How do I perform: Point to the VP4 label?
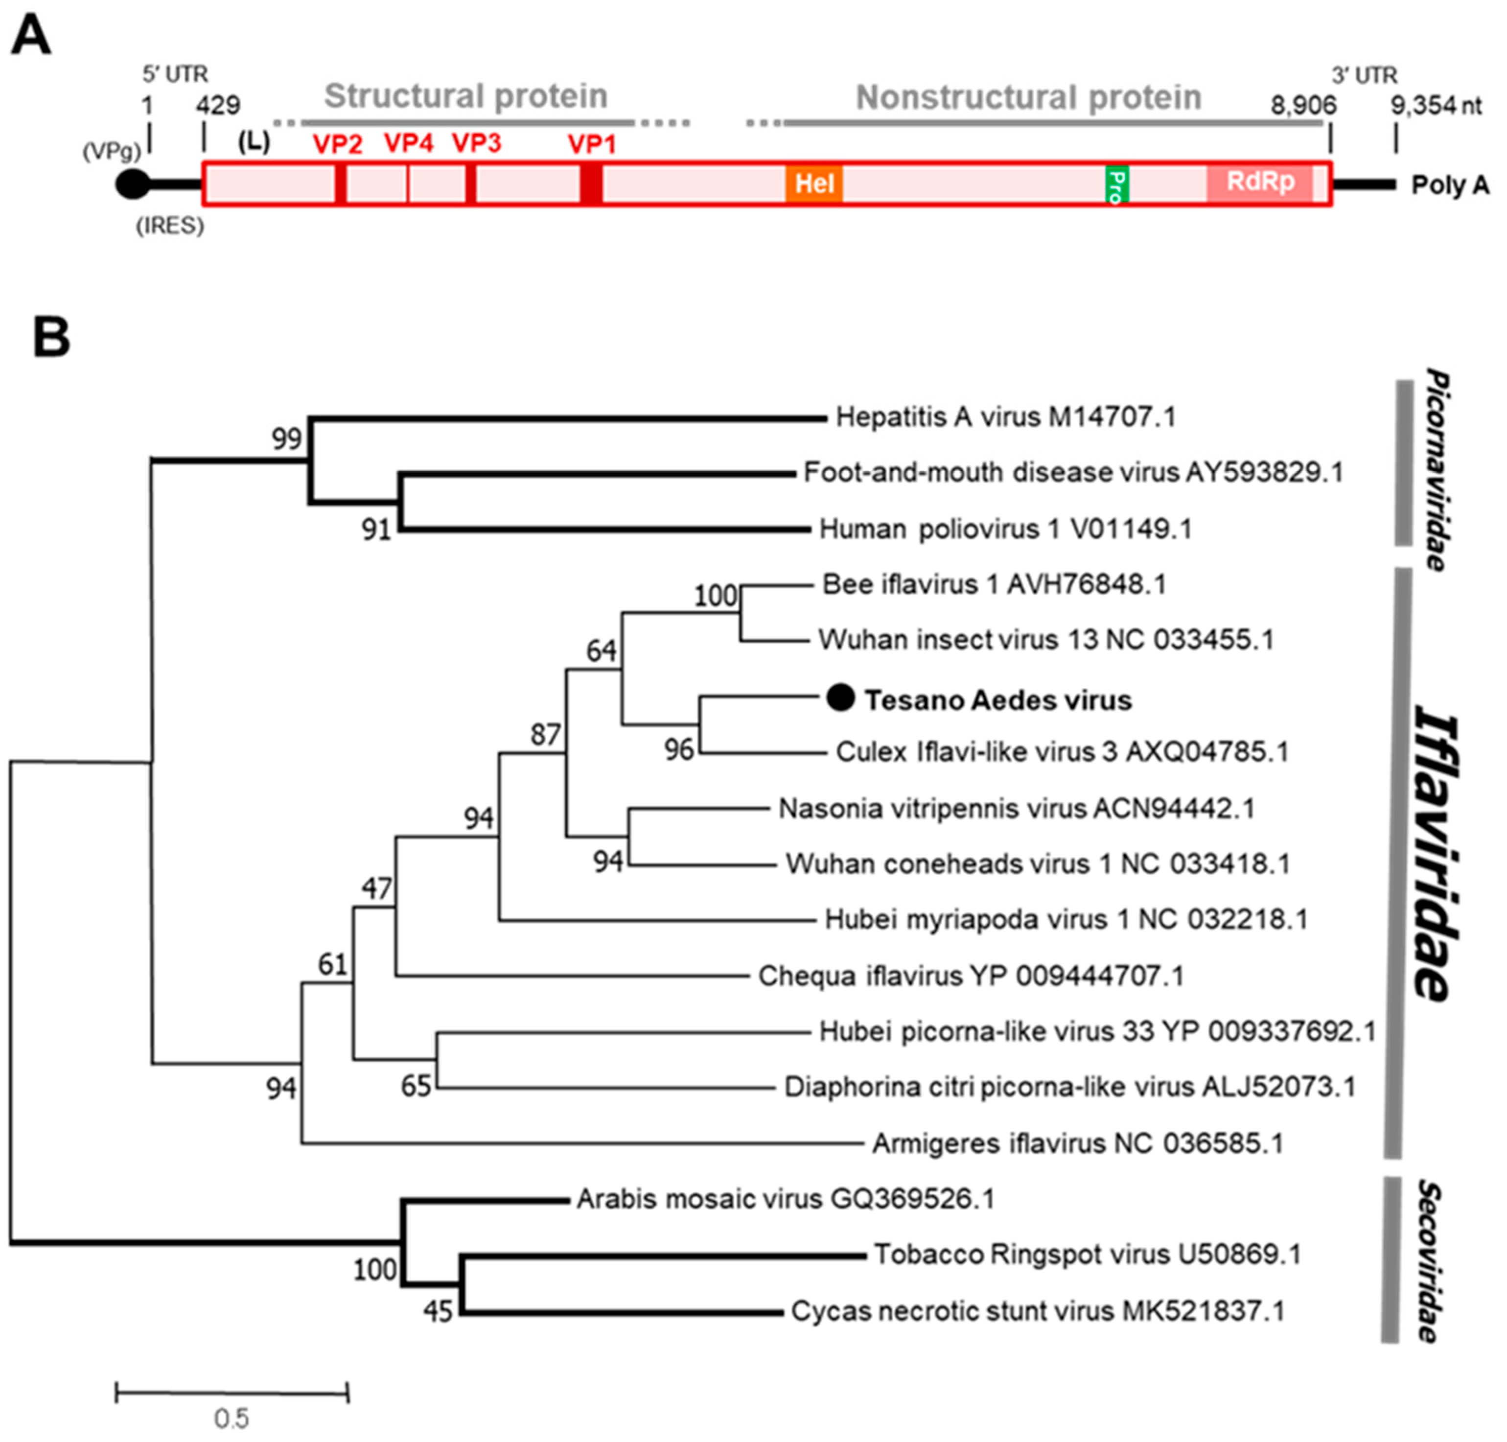pyautogui.click(x=408, y=143)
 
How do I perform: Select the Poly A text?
pyautogui.click(x=1449, y=185)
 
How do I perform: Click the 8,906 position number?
pyautogui.click(x=1302, y=105)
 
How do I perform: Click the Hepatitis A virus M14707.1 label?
pyautogui.click(x=1005, y=417)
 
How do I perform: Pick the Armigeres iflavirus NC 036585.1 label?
pyautogui.click(x=1077, y=1144)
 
